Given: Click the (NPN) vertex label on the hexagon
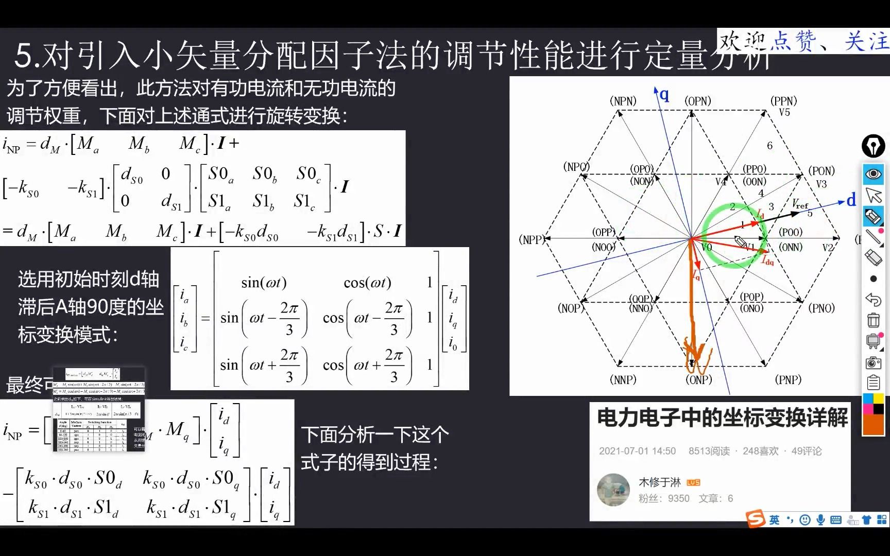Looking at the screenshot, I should click(623, 101).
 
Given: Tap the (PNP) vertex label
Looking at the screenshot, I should click(788, 380).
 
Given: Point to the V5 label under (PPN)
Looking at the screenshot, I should click(784, 112).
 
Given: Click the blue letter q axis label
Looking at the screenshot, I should click(664, 94).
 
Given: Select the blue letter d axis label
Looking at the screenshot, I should click(851, 200).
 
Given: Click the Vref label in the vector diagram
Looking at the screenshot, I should click(800, 204).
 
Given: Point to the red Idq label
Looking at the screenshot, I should click(767, 261).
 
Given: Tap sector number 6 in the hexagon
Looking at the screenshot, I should click(769, 146).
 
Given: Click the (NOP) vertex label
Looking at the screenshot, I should click(571, 308).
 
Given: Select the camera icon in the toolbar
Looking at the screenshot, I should click(873, 363).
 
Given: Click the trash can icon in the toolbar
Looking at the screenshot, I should click(873, 320).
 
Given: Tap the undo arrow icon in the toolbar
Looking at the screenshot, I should click(873, 299).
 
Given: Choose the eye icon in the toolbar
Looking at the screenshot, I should click(873, 174).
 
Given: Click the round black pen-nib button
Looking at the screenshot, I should click(873, 146).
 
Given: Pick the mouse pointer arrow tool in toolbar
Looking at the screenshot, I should click(873, 196).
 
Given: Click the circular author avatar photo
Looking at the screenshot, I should click(613, 490).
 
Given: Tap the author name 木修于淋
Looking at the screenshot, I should click(659, 482).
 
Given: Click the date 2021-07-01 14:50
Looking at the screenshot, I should click(637, 451).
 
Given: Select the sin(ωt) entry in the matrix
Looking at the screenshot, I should click(264, 283).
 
